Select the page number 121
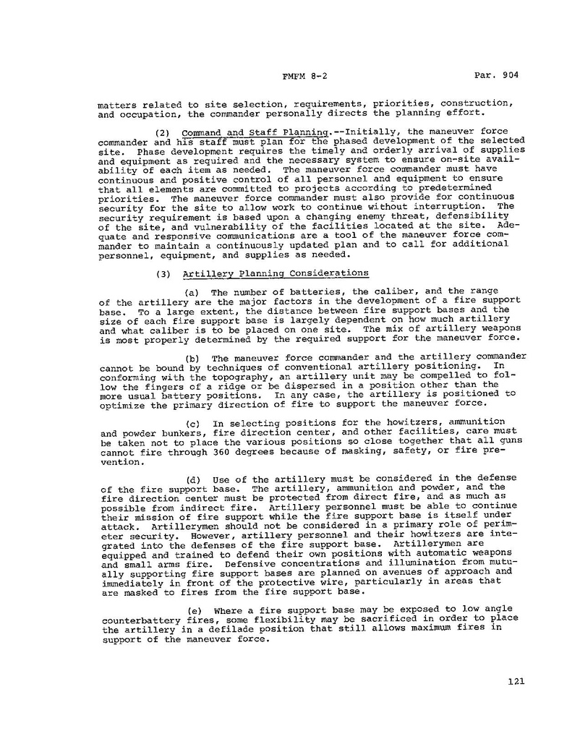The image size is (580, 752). pyautogui.click(x=516, y=681)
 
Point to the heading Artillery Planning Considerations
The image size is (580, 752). pyautogui.click(x=276, y=273)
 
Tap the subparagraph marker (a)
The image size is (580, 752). pyautogui.click(x=193, y=291)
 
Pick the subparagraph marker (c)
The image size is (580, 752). pyautogui.click(x=193, y=422)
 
